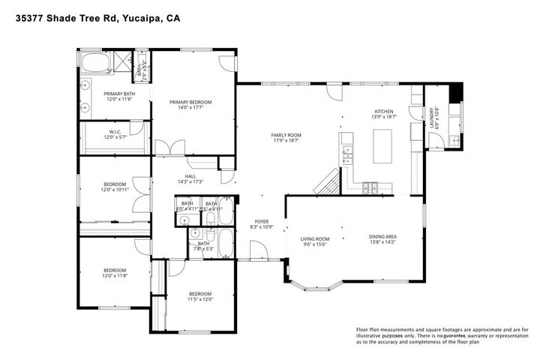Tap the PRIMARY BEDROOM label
[190, 102]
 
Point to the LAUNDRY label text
[431, 117]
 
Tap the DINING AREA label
[382, 237]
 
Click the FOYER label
[261, 221]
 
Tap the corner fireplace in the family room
[327, 182]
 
